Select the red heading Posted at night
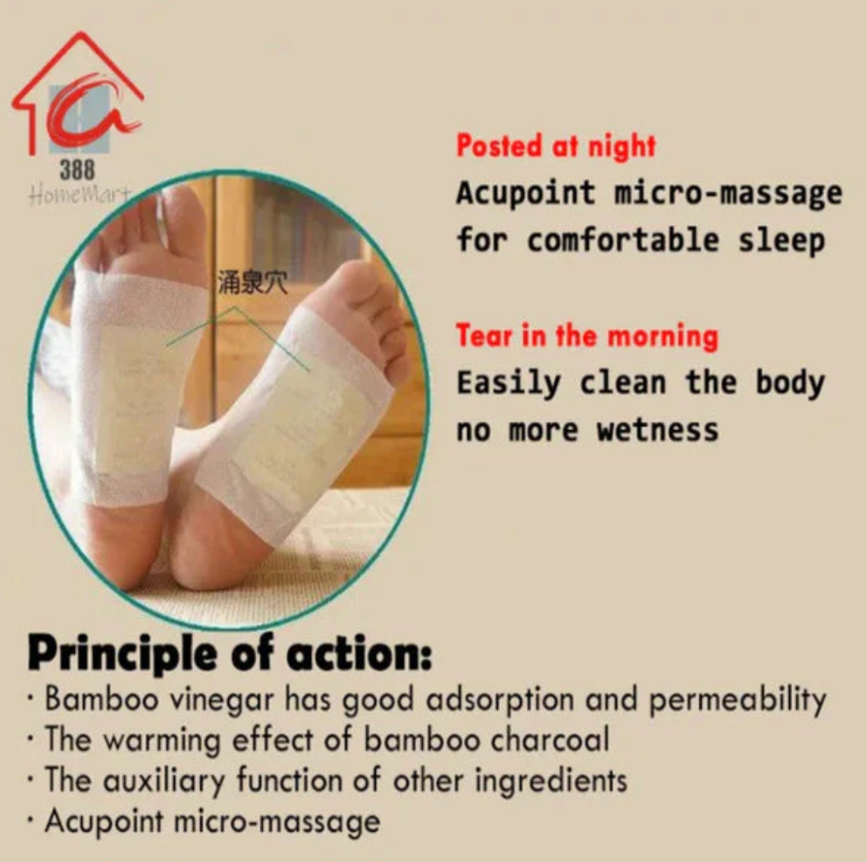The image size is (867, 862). pos(556,146)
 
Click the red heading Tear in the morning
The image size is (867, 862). pos(587,337)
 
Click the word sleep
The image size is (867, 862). pos(783,241)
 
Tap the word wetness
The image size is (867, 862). pos(657,430)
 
